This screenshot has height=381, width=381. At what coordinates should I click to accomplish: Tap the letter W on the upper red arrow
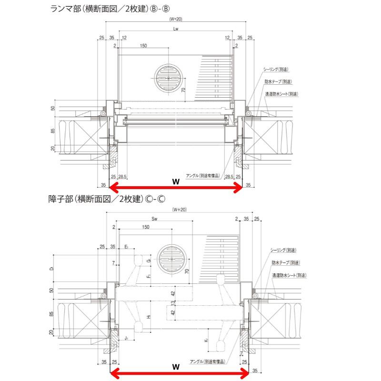click(x=175, y=181)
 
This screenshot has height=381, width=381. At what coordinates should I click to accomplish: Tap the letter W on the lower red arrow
click(x=175, y=367)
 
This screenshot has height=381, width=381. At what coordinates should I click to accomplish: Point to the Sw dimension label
click(x=155, y=218)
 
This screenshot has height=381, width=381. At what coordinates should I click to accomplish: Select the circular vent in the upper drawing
click(x=169, y=78)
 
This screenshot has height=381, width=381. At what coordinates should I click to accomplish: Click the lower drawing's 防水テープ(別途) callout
click(x=286, y=262)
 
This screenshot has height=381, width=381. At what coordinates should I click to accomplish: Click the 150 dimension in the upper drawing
click(x=143, y=46)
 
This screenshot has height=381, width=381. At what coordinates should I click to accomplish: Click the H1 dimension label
click(x=149, y=317)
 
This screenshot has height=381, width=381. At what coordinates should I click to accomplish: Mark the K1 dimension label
click(x=203, y=341)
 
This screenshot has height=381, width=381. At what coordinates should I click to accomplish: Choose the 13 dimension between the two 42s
click(x=174, y=302)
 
